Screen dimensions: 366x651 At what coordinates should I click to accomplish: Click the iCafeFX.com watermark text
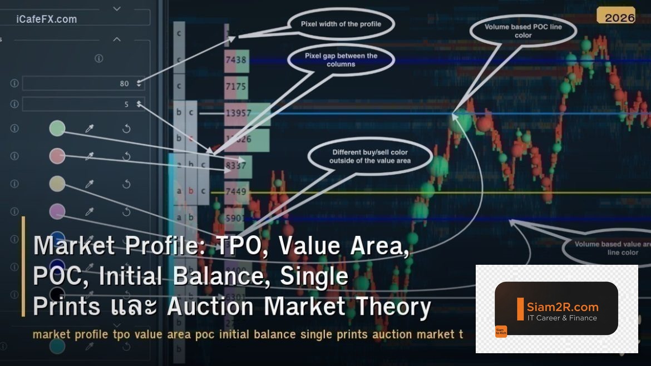[46, 19]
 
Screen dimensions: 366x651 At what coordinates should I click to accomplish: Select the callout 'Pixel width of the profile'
[341, 24]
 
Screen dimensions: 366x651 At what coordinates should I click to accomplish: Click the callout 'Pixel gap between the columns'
[341, 60]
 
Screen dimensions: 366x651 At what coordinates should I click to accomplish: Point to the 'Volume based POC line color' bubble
[522, 31]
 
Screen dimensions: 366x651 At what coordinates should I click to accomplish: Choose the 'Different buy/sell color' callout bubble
[369, 156]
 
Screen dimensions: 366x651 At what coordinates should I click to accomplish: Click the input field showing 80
[83, 83]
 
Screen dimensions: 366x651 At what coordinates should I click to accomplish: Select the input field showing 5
[83, 104]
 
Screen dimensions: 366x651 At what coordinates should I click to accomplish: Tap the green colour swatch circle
[57, 128]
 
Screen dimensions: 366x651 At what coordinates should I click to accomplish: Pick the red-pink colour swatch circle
[57, 156]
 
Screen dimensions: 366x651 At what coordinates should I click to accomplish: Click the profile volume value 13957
[239, 113]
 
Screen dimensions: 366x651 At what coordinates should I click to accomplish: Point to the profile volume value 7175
[236, 87]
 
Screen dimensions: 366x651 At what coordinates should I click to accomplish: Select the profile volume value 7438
[236, 60]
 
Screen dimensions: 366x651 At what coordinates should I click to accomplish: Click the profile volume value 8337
[236, 165]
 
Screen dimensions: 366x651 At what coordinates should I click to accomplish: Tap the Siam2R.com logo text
[563, 306]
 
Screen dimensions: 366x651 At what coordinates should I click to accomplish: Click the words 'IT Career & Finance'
[562, 318]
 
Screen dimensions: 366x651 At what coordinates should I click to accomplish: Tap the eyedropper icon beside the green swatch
[89, 128]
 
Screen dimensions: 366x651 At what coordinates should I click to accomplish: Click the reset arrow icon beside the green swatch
[126, 128]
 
